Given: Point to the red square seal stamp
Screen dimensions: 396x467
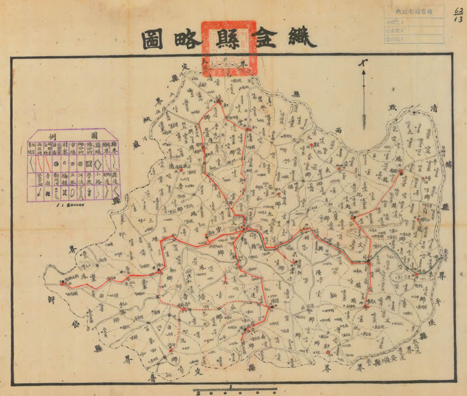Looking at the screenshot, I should coord(228,48).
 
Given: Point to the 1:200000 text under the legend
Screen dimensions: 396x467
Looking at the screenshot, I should coord(68,206).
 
